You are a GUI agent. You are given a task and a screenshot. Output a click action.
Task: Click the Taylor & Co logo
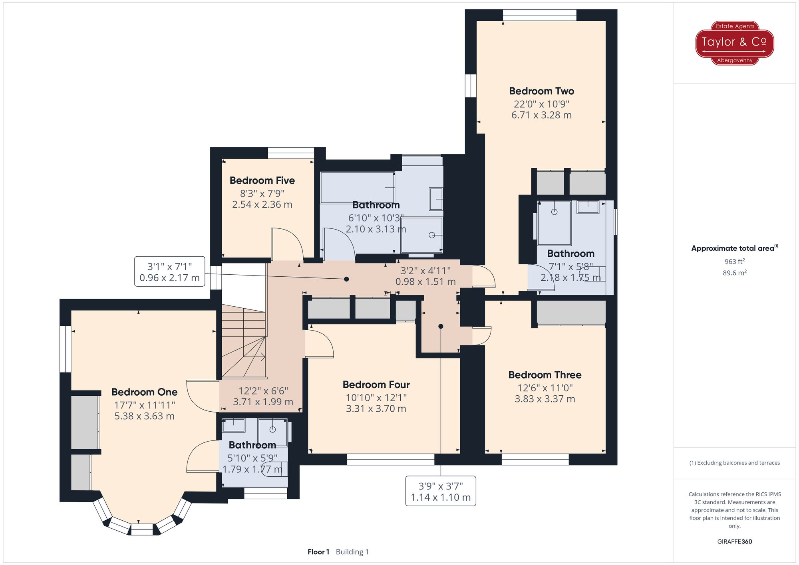click(735, 43)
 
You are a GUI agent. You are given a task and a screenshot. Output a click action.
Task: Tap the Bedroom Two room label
click(541, 91)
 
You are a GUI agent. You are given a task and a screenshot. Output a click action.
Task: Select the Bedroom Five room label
click(262, 180)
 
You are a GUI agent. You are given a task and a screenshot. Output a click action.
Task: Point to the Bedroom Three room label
click(545, 375)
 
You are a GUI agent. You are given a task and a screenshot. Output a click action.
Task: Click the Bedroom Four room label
click(376, 385)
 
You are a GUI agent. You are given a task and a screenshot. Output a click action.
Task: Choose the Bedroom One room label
click(144, 392)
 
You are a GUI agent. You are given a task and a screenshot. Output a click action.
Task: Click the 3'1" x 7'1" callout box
click(170, 272)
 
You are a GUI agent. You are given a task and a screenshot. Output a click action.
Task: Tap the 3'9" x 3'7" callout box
click(441, 492)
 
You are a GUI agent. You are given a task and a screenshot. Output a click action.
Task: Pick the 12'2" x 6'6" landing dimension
click(263, 396)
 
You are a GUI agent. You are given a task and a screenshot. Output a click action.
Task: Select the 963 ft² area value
click(734, 262)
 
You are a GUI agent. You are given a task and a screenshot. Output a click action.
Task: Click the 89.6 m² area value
click(734, 273)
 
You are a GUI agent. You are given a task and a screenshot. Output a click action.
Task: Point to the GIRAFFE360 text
click(734, 542)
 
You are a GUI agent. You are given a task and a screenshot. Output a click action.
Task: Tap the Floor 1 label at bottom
click(318, 552)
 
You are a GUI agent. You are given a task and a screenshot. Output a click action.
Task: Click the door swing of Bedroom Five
click(287, 244)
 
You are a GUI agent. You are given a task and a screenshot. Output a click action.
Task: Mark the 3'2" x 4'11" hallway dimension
click(425, 276)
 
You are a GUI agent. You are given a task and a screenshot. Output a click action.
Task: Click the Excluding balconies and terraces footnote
click(734, 463)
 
